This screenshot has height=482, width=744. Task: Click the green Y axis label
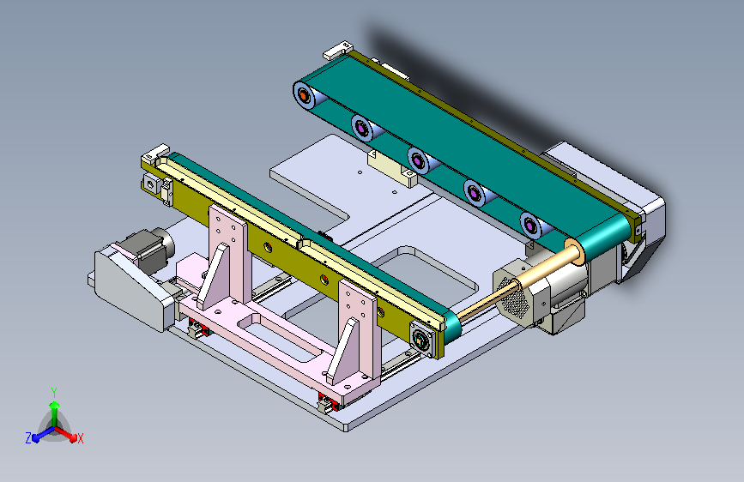[54, 392]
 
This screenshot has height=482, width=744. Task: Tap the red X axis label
[80, 438]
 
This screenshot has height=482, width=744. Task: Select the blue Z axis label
[28, 438]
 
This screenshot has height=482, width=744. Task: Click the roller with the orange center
[304, 96]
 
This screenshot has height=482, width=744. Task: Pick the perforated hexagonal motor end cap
[512, 298]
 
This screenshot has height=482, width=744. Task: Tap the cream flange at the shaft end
[575, 251]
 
